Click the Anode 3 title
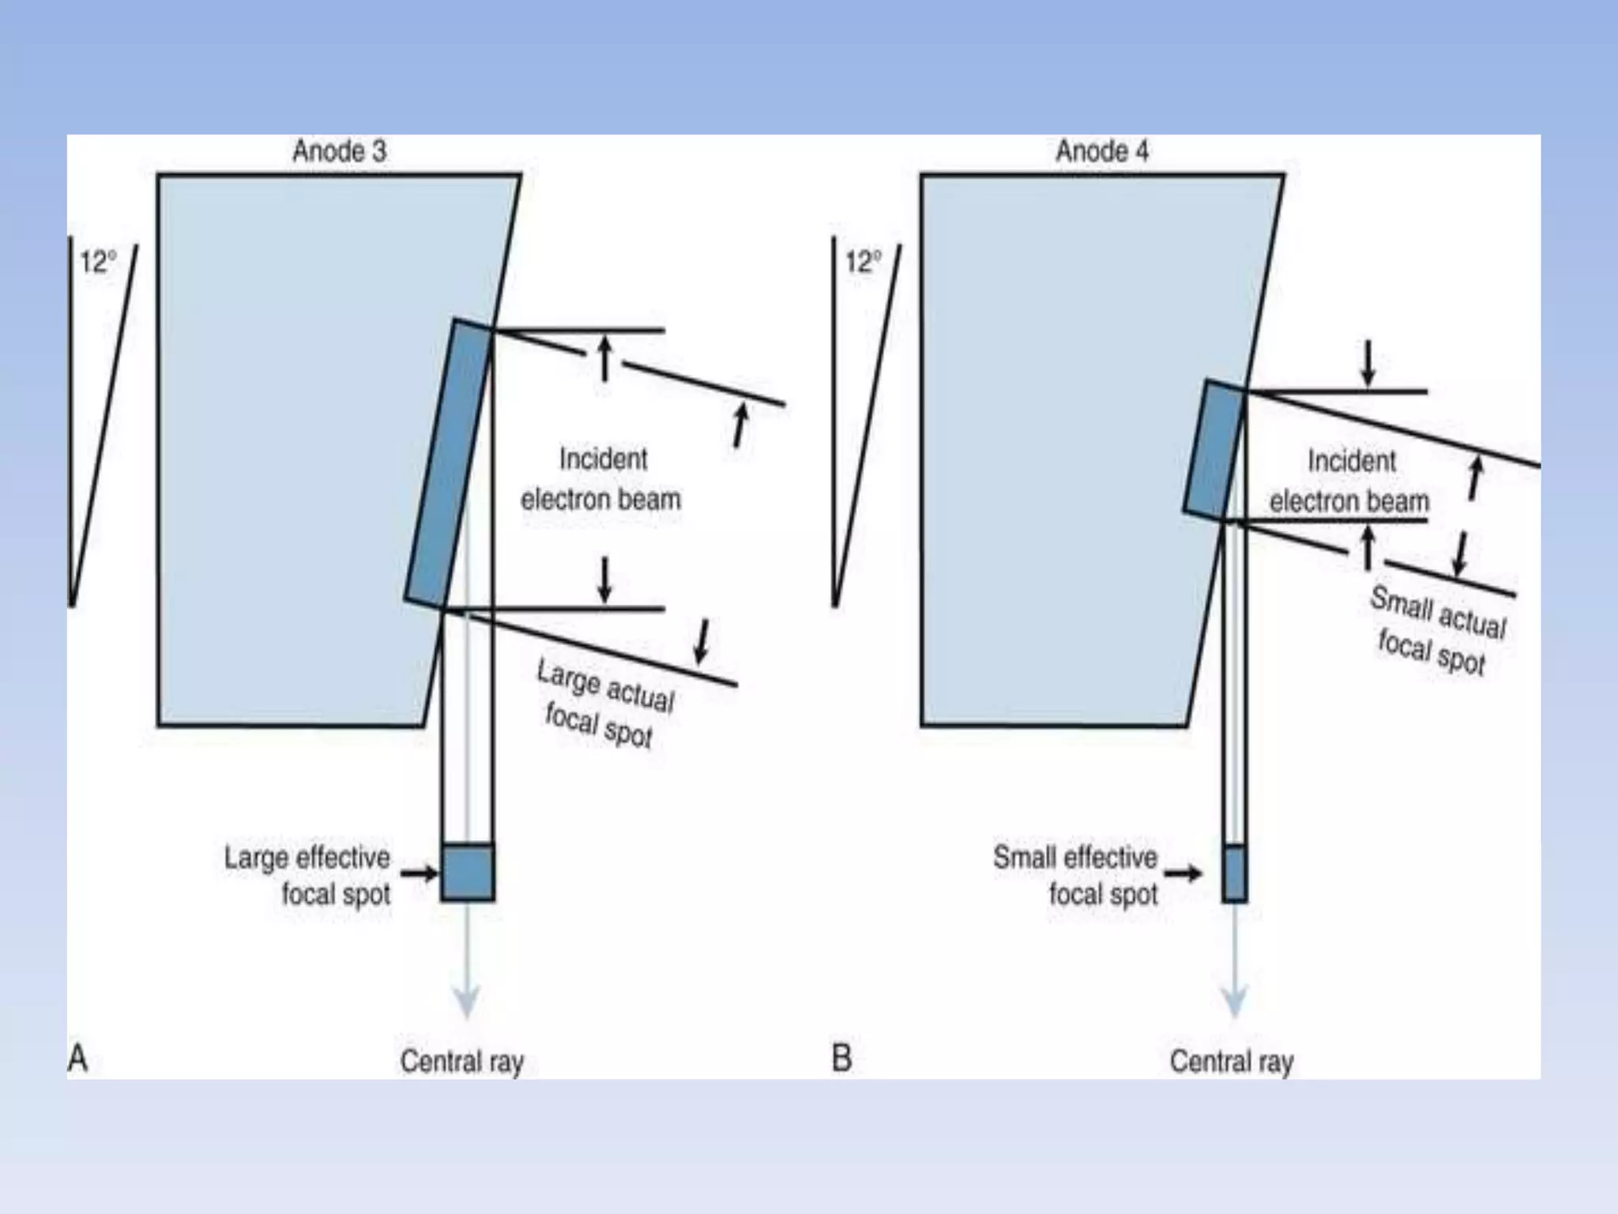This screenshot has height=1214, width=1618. tap(339, 151)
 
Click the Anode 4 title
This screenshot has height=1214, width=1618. tap(1102, 151)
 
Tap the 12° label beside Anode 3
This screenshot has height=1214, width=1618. tap(98, 262)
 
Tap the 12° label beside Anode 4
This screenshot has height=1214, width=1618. tap(863, 262)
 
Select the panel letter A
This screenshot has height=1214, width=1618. tap(77, 1058)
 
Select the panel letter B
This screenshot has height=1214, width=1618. tap(841, 1058)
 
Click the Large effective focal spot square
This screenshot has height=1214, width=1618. tap(468, 873)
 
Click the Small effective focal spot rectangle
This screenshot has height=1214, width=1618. tap(1234, 873)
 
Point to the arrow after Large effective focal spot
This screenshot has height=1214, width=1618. tap(419, 873)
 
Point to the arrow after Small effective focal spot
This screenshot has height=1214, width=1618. tap(1183, 873)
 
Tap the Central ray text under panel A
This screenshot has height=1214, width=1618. tap(461, 1061)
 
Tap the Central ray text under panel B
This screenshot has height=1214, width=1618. tap(1231, 1061)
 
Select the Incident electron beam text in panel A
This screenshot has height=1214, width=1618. tap(601, 479)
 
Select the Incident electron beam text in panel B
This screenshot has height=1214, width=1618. tap(1349, 481)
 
